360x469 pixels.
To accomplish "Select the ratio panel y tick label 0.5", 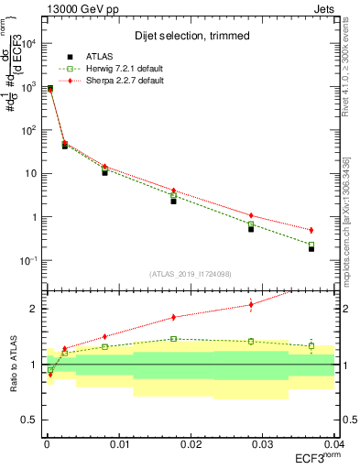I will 29,420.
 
